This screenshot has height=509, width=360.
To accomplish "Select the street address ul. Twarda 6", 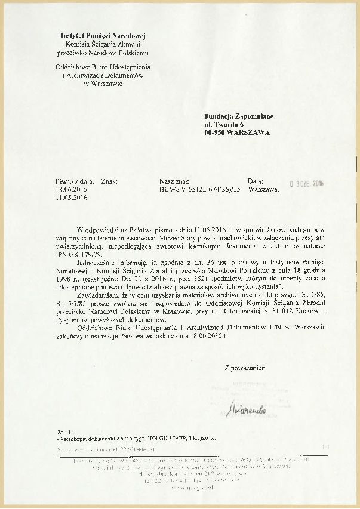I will [x=224, y=124].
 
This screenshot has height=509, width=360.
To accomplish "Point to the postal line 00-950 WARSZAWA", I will [x=237, y=132].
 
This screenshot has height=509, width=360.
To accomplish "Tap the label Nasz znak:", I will [x=175, y=181].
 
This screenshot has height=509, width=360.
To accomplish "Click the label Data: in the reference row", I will [x=256, y=181].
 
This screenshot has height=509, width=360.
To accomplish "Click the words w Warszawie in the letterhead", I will [x=103, y=84].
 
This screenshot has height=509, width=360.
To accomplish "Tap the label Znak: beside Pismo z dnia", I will [x=109, y=181].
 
